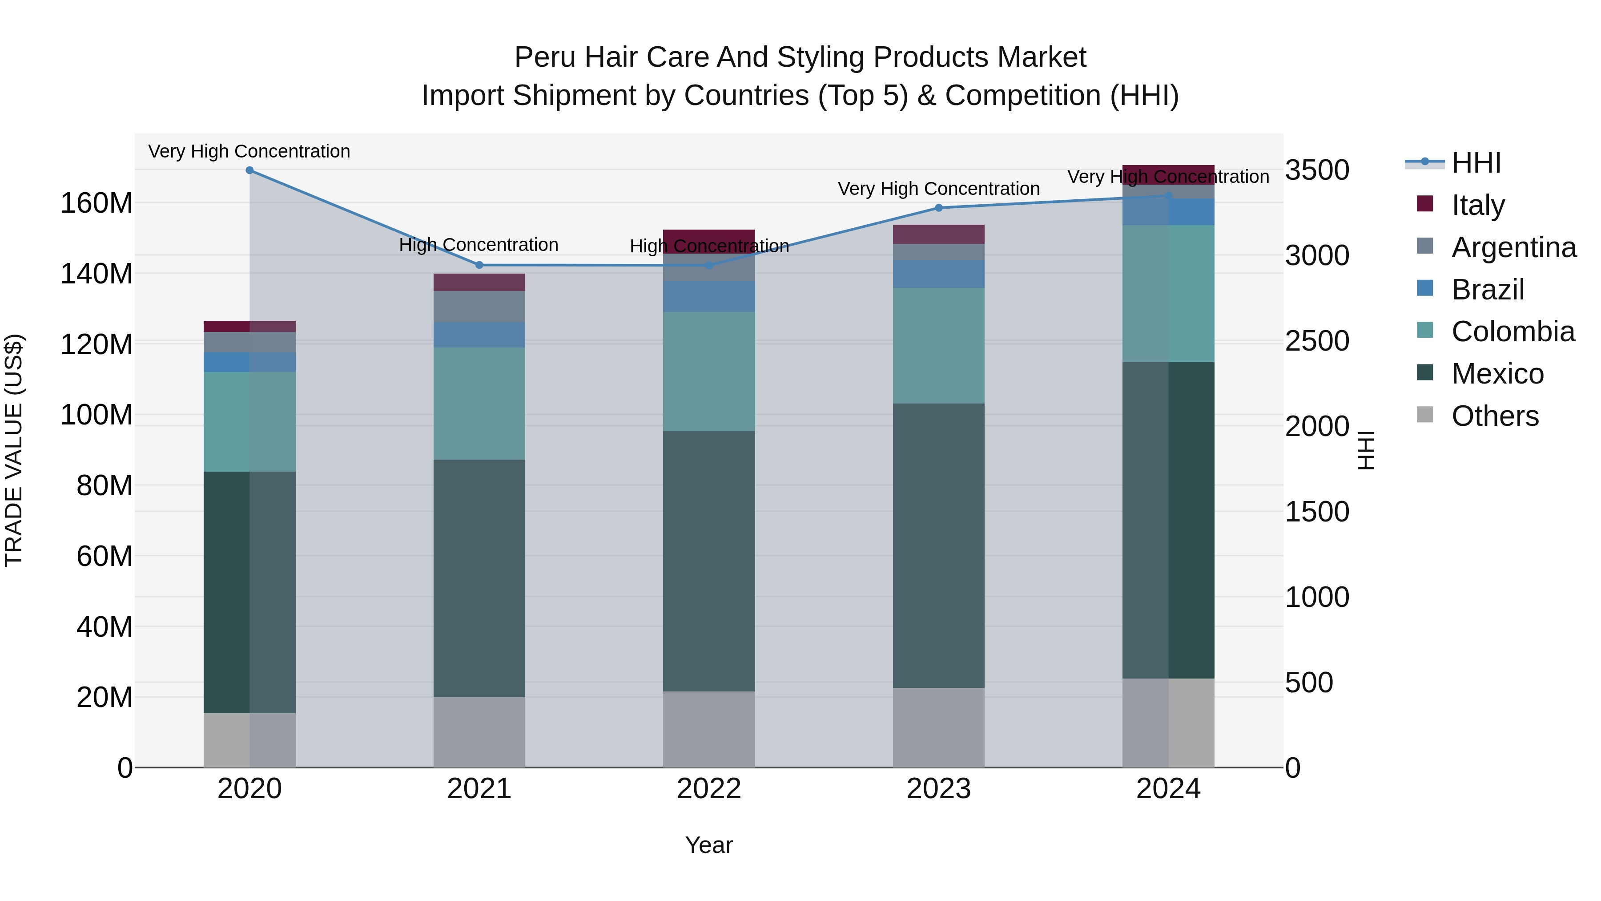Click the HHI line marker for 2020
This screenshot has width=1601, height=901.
point(249,170)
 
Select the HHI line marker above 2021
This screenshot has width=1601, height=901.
point(479,265)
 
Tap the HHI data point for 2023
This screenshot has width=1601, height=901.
point(938,208)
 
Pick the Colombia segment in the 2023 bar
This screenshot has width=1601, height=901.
point(938,345)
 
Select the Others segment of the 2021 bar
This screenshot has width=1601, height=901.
point(479,732)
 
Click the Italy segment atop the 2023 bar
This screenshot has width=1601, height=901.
point(938,234)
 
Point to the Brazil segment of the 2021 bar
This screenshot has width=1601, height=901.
point(479,335)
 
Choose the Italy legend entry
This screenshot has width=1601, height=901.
point(1477,205)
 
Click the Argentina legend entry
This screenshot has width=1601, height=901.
point(1513,247)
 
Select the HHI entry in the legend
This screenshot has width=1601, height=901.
point(1476,163)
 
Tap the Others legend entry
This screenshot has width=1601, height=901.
point(1494,416)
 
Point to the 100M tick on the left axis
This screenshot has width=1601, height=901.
point(97,415)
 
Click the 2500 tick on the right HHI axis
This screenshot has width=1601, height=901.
point(1317,341)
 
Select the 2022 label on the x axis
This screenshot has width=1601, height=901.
point(708,789)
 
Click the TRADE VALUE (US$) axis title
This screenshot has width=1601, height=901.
point(14,450)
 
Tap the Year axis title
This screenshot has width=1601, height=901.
point(708,845)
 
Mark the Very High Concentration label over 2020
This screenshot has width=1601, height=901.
point(249,151)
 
